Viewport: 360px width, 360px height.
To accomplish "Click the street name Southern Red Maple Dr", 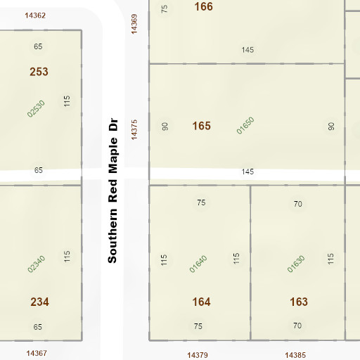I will pyautogui.click(x=112, y=190).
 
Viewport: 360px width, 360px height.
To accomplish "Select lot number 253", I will pyautogui.click(x=39, y=72).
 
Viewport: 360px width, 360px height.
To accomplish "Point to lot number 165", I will pyautogui.click(x=201, y=126).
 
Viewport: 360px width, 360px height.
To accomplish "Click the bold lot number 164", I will pyautogui.click(x=201, y=302).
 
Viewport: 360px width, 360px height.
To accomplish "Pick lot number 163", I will pyautogui.click(x=298, y=302).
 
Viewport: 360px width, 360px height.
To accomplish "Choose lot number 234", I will pyautogui.click(x=39, y=302).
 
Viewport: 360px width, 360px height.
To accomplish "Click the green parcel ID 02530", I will pyautogui.click(x=36, y=108).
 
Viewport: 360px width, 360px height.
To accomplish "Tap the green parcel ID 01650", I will pyautogui.click(x=245, y=124).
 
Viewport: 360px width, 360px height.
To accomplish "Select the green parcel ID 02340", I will pyautogui.click(x=36, y=264).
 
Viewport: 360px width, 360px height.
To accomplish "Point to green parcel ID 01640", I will pyautogui.click(x=198, y=264).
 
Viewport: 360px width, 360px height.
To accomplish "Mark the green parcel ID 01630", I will pyautogui.click(x=296, y=264).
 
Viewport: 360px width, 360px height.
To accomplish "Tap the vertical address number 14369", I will pyautogui.click(x=134, y=22).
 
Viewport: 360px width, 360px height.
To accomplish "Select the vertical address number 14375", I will pyautogui.click(x=134, y=129).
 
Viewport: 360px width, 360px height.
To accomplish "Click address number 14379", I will pyautogui.click(x=199, y=355).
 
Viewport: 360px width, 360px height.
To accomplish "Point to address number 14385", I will pyautogui.click(x=296, y=355).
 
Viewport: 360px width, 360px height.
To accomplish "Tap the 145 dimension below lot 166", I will pyautogui.click(x=247, y=50).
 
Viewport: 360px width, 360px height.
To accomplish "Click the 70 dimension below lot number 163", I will pyautogui.click(x=297, y=326).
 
